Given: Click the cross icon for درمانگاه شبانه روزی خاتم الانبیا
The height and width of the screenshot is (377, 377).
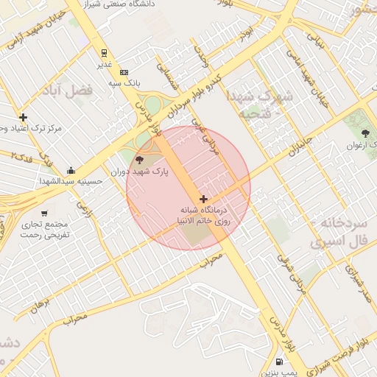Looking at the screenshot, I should (x=203, y=199).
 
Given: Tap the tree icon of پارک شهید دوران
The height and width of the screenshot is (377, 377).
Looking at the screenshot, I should (x=140, y=160).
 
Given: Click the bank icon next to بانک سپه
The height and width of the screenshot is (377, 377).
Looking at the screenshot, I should (x=124, y=72).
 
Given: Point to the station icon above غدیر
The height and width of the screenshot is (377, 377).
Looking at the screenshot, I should (x=105, y=53).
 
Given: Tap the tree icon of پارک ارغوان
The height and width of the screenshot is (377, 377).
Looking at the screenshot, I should (x=365, y=133).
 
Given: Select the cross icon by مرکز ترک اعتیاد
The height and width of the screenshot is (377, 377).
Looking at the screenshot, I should (x=24, y=117).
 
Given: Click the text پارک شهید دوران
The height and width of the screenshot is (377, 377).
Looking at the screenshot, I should (x=139, y=172).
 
